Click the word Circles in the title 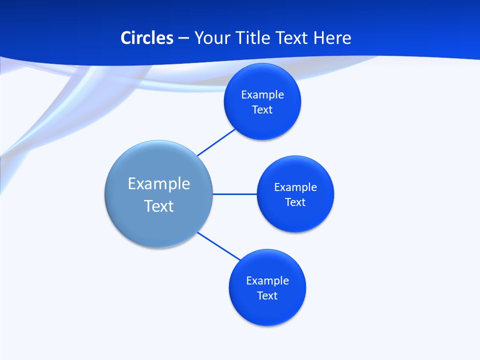tap(146, 38)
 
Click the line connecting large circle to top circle tap(216, 142)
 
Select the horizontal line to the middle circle tap(235, 194)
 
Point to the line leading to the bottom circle tap(219, 246)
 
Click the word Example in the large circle tap(159, 183)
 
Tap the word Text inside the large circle tap(159, 206)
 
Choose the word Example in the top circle tap(262, 94)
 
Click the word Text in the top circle tap(262, 109)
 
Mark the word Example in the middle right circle tap(295, 187)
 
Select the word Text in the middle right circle tap(295, 202)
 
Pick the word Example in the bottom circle tap(267, 280)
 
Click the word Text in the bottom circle tap(267, 295)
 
